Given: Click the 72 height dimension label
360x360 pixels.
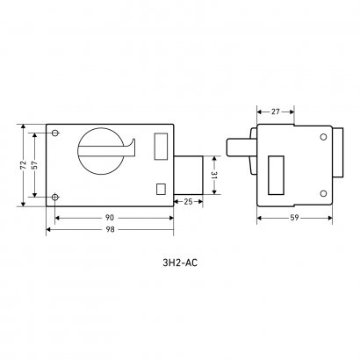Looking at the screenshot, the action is (24, 165).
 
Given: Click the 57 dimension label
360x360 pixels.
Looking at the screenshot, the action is (34, 165).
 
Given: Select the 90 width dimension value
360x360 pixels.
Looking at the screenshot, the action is (110, 218).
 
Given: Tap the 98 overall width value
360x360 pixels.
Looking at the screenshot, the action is (110, 230).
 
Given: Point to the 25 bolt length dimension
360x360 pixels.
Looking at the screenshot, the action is (188, 202).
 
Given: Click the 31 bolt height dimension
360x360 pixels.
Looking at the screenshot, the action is (214, 175).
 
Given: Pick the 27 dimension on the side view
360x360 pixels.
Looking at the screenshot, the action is (276, 112).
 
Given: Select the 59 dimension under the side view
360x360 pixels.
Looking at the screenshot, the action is (295, 218).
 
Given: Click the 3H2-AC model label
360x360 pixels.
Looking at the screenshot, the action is (180, 263).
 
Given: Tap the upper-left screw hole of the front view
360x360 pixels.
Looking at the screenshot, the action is (55, 133).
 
